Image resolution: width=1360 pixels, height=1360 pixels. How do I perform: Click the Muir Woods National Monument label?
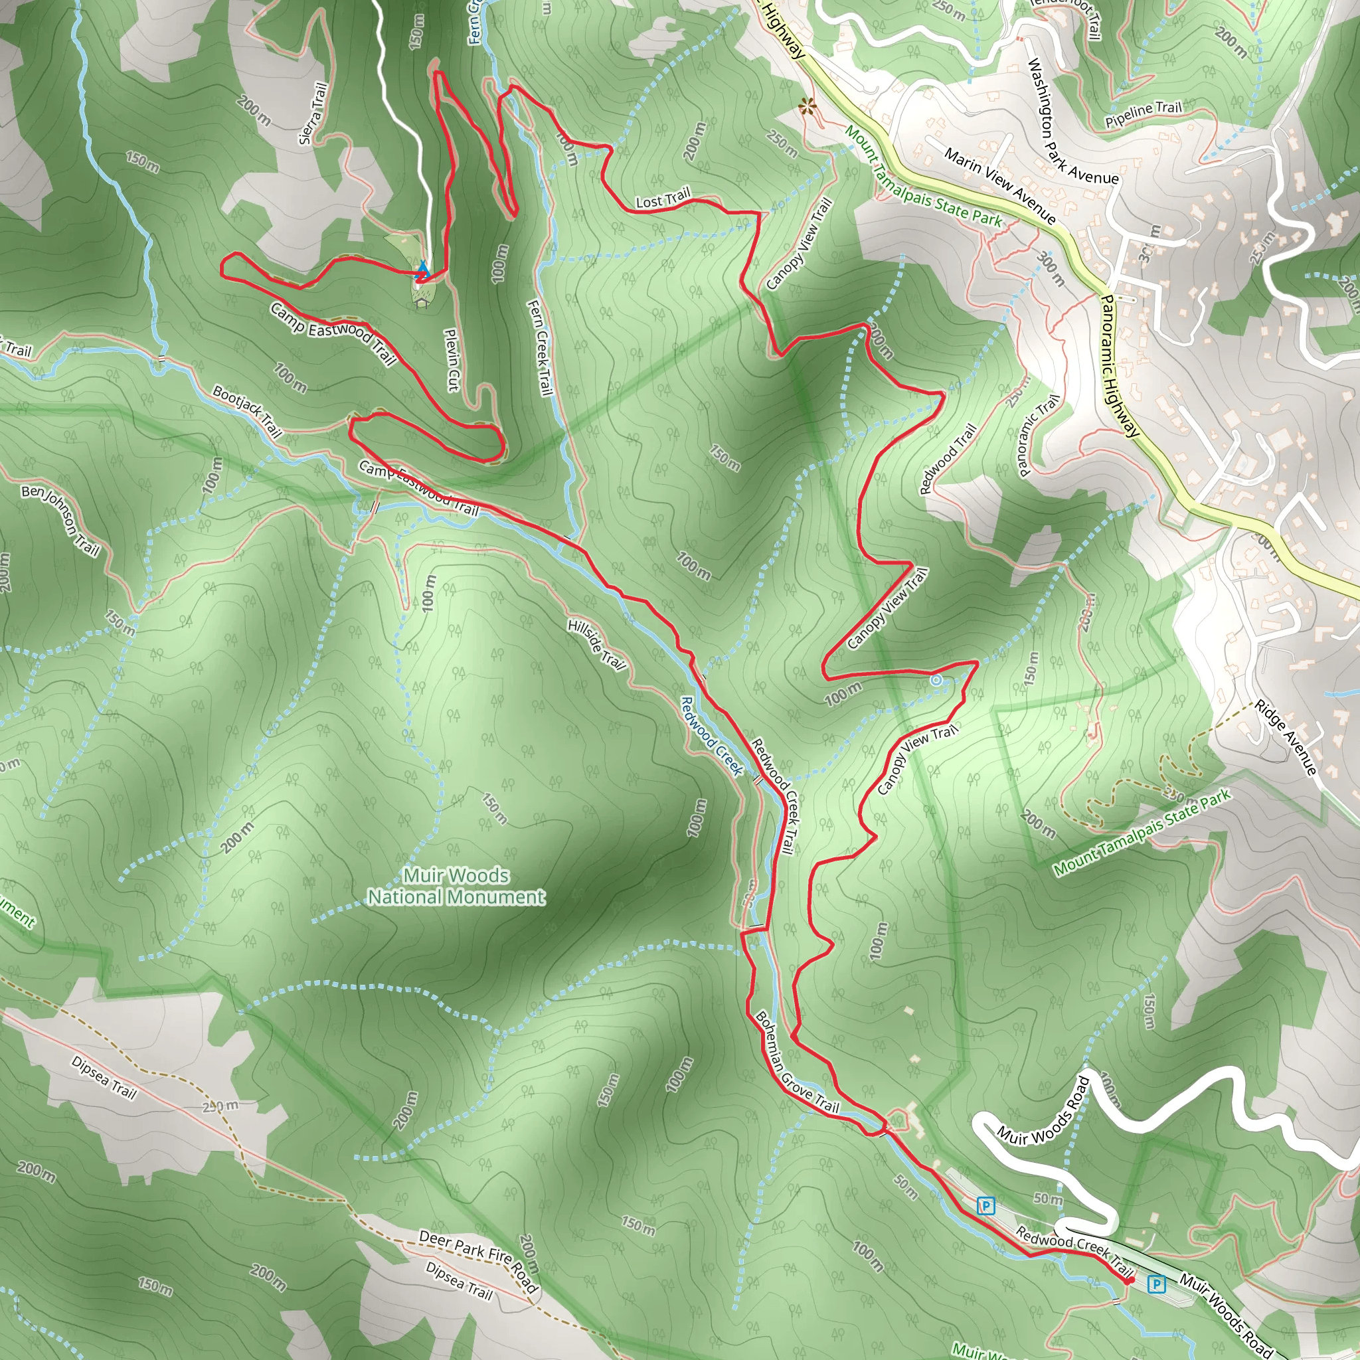(x=456, y=886)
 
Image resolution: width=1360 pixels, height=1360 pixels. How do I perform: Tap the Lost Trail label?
(x=663, y=199)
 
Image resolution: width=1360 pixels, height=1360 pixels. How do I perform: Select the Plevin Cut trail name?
(x=452, y=360)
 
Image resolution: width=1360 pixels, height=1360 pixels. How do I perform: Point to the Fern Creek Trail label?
(x=540, y=347)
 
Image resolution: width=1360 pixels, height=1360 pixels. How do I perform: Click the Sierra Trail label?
(x=313, y=114)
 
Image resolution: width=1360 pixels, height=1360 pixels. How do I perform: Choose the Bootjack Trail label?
(x=247, y=411)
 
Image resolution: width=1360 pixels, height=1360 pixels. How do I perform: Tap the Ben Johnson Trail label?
(x=60, y=519)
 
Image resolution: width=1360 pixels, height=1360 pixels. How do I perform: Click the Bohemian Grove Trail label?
(x=797, y=1062)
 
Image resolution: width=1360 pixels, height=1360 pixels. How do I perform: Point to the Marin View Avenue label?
(x=999, y=185)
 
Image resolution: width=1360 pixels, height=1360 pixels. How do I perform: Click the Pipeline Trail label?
(x=1144, y=114)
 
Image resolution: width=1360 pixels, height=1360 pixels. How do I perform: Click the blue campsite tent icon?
(x=423, y=269)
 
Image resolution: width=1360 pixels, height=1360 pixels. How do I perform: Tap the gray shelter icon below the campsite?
(x=422, y=303)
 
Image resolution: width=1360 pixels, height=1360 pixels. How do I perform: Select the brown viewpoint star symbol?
(x=807, y=107)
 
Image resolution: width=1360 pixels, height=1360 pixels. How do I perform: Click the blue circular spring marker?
(x=936, y=680)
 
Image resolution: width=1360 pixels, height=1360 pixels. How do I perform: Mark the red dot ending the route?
(x=1129, y=1281)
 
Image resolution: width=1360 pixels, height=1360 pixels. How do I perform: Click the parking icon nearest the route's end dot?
(x=1156, y=1284)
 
